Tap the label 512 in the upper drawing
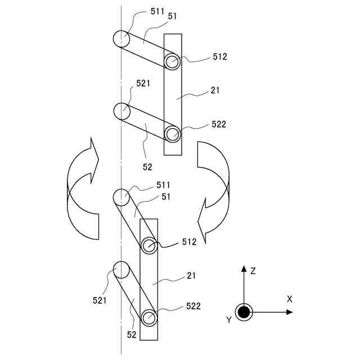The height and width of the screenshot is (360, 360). point(220,57)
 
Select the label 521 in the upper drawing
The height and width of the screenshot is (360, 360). point(143,83)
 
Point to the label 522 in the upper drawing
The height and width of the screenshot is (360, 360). point(219,124)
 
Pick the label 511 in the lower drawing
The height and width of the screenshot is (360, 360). point(163,185)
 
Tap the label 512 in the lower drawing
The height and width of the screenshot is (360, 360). point(189,242)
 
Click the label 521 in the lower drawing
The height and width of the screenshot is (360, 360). point(100,300)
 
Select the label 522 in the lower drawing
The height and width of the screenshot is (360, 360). point(193,306)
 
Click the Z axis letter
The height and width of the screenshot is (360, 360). point(253,271)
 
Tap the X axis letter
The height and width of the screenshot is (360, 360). point(289,299)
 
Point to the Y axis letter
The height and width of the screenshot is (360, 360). point(229,319)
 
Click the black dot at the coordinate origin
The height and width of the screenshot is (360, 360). point(244,312)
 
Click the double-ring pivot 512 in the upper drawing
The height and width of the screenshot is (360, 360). point(172,61)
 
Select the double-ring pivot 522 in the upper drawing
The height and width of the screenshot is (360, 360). point(172,134)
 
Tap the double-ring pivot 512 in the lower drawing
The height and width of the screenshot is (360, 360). point(148,245)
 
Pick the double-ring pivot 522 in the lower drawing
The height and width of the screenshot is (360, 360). point(148,318)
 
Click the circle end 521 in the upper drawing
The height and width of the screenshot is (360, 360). point(122,110)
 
